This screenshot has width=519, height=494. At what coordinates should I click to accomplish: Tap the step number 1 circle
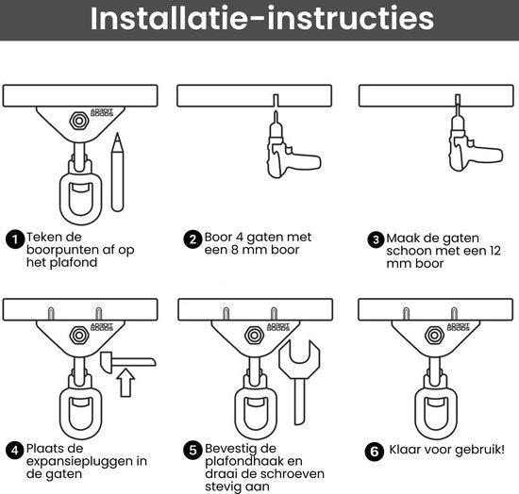pyautogui.click(x=15, y=239)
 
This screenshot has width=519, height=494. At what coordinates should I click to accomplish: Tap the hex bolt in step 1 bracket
pyautogui.click(x=74, y=120)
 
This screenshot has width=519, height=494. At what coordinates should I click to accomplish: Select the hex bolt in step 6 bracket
pyautogui.click(x=434, y=334)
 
